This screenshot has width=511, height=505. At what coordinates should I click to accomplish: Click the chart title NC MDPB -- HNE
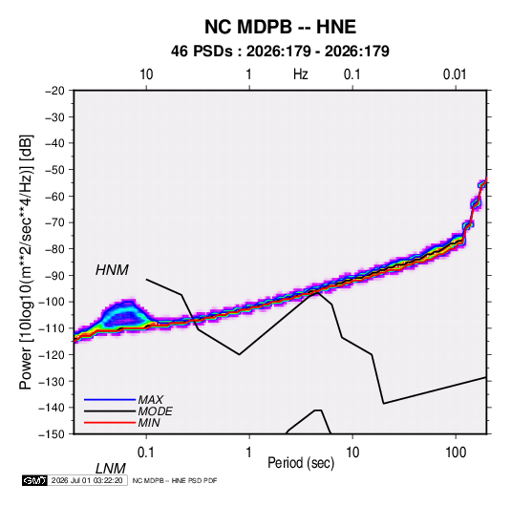point(280,27)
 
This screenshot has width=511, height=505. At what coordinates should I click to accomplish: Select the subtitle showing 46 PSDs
point(280,52)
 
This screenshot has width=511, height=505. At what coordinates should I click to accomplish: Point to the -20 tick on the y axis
point(54,91)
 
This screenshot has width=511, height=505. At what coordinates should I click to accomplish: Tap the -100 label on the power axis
point(52,302)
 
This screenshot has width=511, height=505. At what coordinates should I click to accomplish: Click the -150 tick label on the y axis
point(52,434)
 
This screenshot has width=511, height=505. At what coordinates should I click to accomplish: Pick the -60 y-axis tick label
point(54,196)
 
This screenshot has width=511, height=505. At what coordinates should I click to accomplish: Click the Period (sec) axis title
point(301,463)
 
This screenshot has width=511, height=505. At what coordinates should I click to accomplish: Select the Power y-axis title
point(26,263)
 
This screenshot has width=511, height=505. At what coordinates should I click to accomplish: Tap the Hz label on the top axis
point(300,74)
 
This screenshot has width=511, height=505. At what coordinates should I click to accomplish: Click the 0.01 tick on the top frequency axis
point(455,74)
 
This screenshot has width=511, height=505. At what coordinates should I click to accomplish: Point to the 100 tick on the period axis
point(456,452)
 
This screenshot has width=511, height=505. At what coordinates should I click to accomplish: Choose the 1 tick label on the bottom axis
point(248,452)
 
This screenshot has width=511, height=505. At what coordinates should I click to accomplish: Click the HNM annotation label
point(112,270)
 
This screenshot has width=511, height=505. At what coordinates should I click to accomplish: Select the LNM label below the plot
point(110,469)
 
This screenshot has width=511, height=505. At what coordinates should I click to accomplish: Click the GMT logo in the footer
point(34,480)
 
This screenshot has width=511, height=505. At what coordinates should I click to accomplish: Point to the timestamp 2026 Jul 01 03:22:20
point(87,480)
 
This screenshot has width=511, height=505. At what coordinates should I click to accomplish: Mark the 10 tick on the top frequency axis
point(146,74)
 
